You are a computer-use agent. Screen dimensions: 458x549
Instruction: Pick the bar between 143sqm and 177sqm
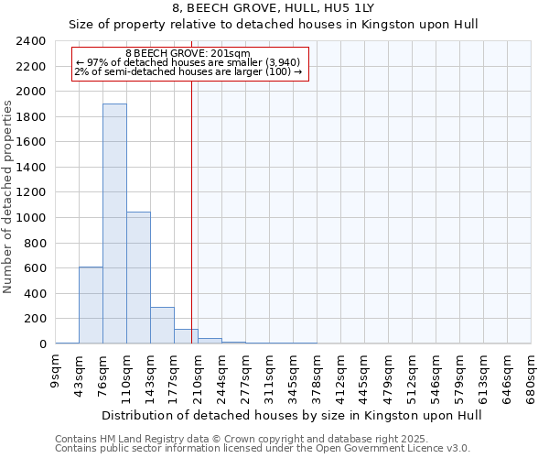162,325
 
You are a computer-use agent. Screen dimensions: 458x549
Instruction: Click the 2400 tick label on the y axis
32,42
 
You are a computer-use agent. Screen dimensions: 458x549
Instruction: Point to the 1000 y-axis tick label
32,218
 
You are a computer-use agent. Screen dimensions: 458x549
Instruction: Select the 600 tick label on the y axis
36,268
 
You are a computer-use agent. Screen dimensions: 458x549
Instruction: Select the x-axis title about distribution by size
291,415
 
